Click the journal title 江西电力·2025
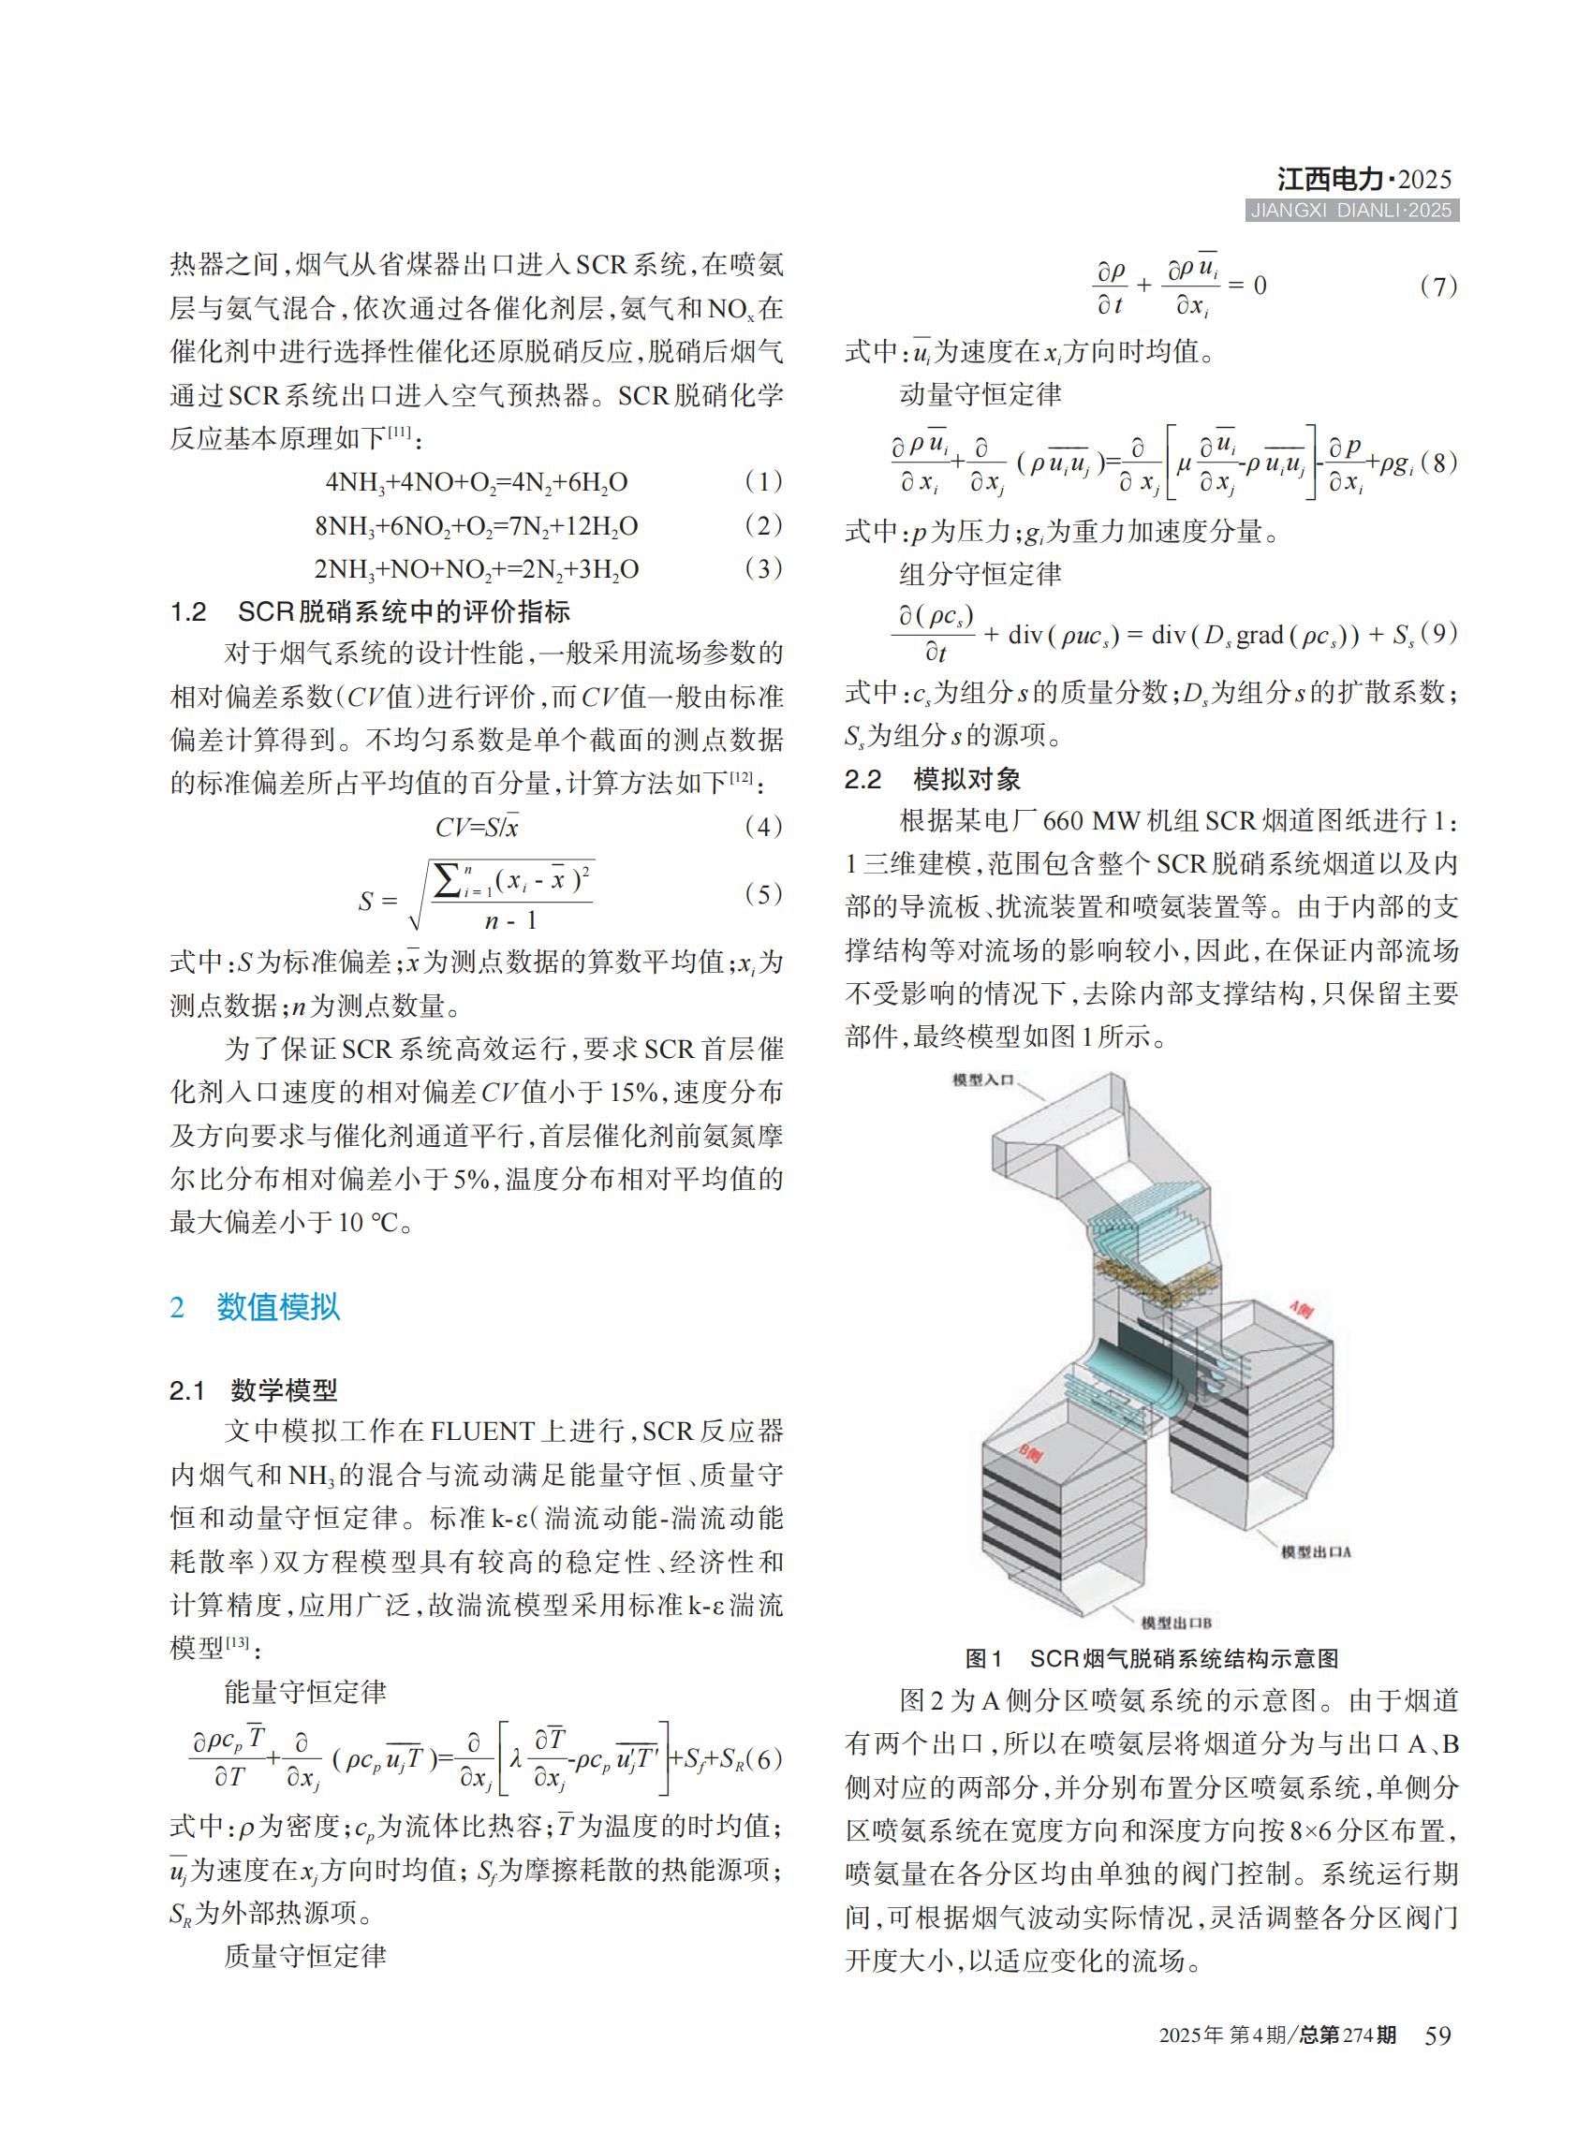point(1364,179)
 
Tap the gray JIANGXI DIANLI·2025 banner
point(1352,211)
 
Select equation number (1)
point(763,482)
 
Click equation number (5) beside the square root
point(763,894)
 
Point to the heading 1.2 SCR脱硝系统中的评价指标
point(369,612)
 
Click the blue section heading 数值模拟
point(277,1308)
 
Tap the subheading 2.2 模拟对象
point(932,779)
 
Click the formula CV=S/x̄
point(477,827)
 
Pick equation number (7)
point(1437,286)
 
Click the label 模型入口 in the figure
point(983,1080)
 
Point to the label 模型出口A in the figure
point(1316,1552)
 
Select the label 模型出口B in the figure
point(1175,1623)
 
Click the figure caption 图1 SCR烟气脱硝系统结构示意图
point(1152,1658)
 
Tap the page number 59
point(1437,2035)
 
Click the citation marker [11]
point(399,434)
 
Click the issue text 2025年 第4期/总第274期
point(1276,2035)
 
